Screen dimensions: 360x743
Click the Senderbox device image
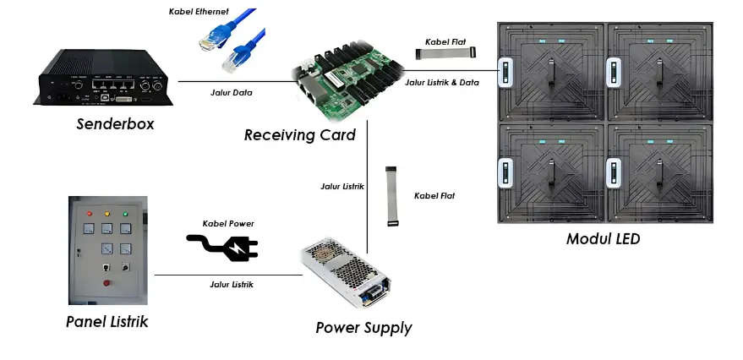point(105,78)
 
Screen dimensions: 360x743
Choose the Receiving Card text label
point(299,134)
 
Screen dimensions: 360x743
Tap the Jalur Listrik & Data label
point(443,83)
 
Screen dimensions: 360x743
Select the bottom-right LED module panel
point(659,173)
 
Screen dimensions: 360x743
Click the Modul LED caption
point(603,239)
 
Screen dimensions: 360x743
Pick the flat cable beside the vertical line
point(391,196)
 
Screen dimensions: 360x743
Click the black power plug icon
point(222,247)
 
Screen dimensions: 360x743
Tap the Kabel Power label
point(227,223)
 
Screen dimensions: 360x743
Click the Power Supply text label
point(363,327)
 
